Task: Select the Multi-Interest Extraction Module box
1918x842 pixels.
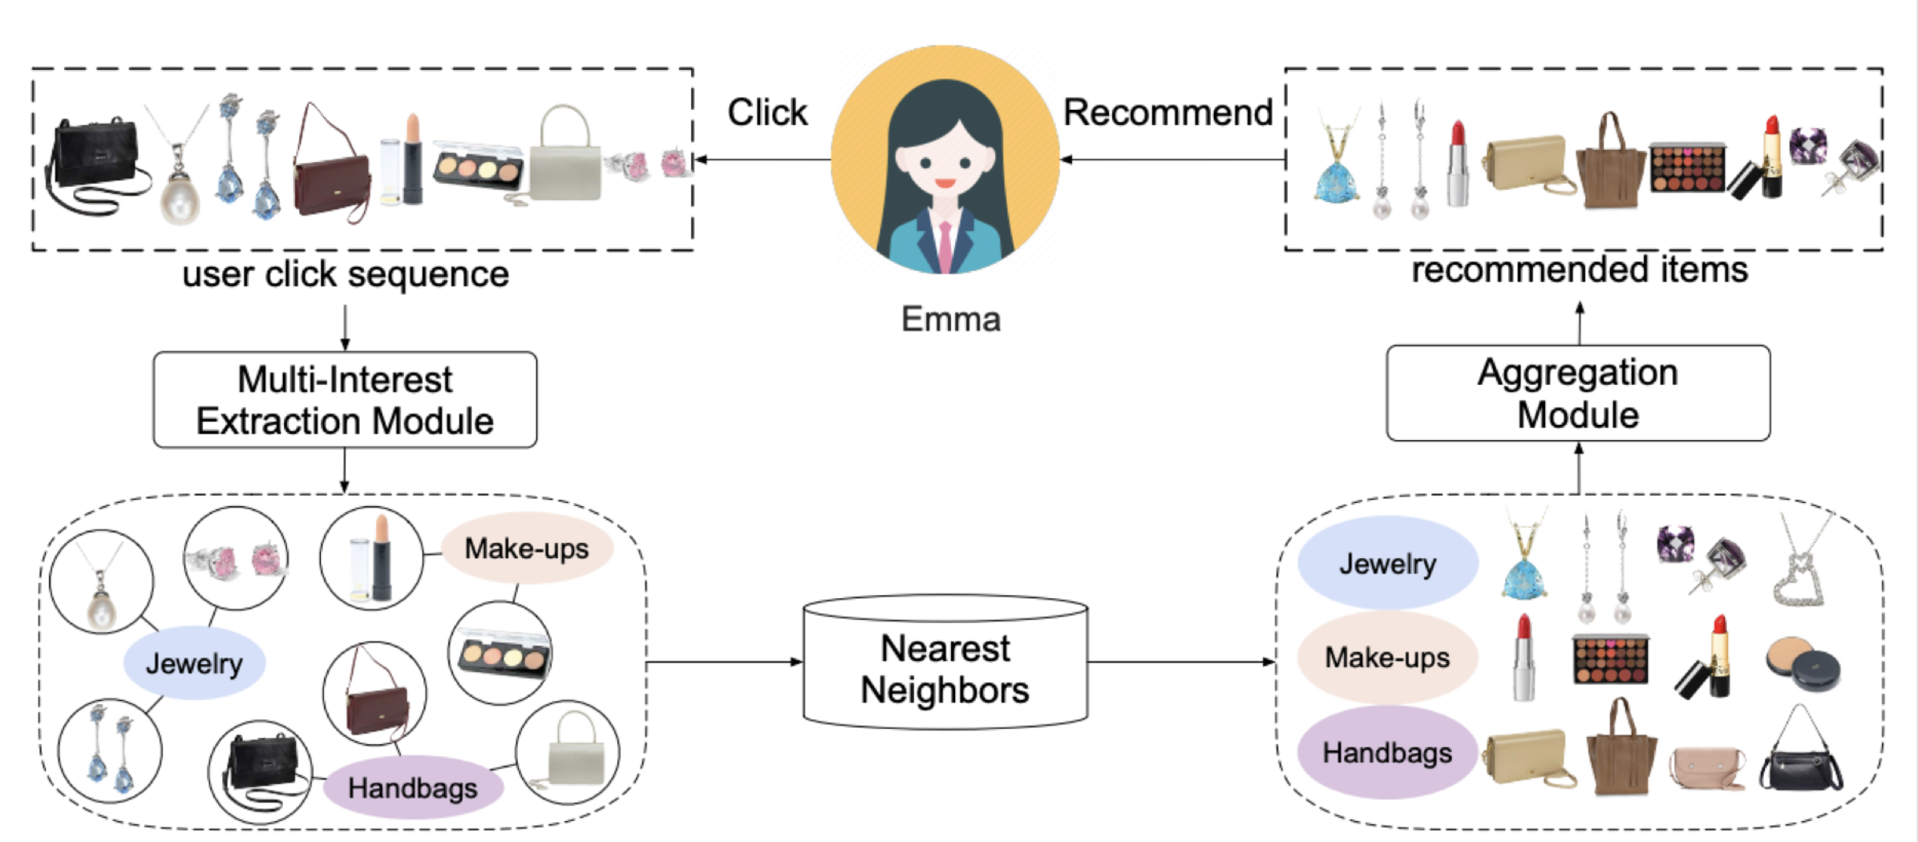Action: pyautogui.click(x=345, y=399)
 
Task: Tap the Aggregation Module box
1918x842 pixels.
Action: pyautogui.click(x=1578, y=393)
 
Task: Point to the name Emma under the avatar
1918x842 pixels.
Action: pyautogui.click(x=951, y=319)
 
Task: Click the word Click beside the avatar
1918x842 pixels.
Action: pyautogui.click(x=767, y=112)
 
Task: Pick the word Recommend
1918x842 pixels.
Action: pyautogui.click(x=1167, y=112)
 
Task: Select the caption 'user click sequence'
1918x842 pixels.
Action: pyautogui.click(x=346, y=274)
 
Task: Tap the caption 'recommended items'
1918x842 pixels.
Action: pyautogui.click(x=1580, y=269)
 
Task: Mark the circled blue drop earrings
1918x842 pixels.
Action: pyautogui.click(x=110, y=751)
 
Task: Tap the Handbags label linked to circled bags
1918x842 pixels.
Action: pyautogui.click(x=412, y=787)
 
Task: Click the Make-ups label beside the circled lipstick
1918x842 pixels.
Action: pyautogui.click(x=527, y=549)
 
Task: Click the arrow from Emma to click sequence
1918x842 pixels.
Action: pyautogui.click(x=762, y=160)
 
